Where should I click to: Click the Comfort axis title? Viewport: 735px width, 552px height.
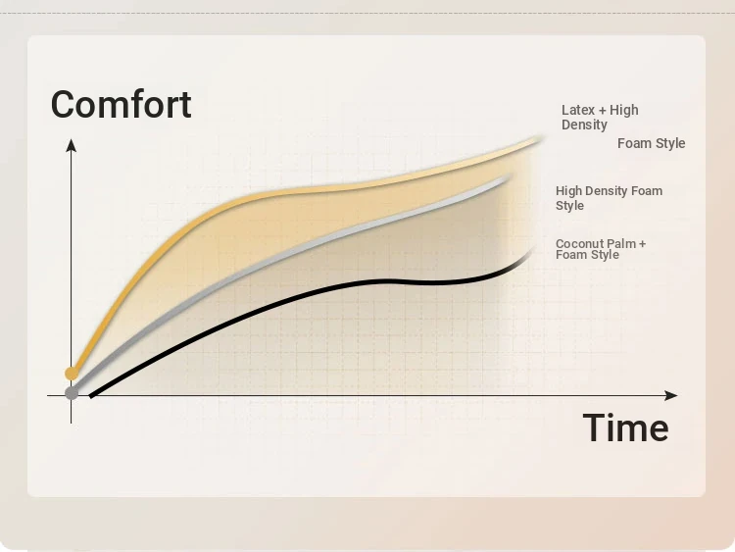click(121, 104)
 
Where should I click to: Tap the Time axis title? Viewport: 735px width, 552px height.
click(626, 427)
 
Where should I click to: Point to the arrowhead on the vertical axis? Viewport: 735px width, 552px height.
click(72, 145)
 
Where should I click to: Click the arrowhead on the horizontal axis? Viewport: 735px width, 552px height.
click(671, 395)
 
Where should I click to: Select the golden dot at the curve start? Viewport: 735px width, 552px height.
click(72, 374)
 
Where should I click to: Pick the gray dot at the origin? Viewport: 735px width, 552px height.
click(72, 393)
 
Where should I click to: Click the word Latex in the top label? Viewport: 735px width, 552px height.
click(578, 110)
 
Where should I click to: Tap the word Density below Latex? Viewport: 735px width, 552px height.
click(584, 125)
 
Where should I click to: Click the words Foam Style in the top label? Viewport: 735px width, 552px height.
click(651, 143)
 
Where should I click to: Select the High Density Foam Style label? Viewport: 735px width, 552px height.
click(609, 198)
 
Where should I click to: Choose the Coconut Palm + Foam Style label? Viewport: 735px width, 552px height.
click(601, 249)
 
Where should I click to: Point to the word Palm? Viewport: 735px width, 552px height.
click(620, 243)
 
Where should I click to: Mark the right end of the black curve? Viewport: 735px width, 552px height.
click(532, 250)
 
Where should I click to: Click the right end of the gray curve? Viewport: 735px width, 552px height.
click(509, 177)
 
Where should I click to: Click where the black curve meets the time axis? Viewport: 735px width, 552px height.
click(91, 395)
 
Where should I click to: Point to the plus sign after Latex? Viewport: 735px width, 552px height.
click(603, 111)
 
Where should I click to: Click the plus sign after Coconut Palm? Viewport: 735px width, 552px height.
click(642, 244)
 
